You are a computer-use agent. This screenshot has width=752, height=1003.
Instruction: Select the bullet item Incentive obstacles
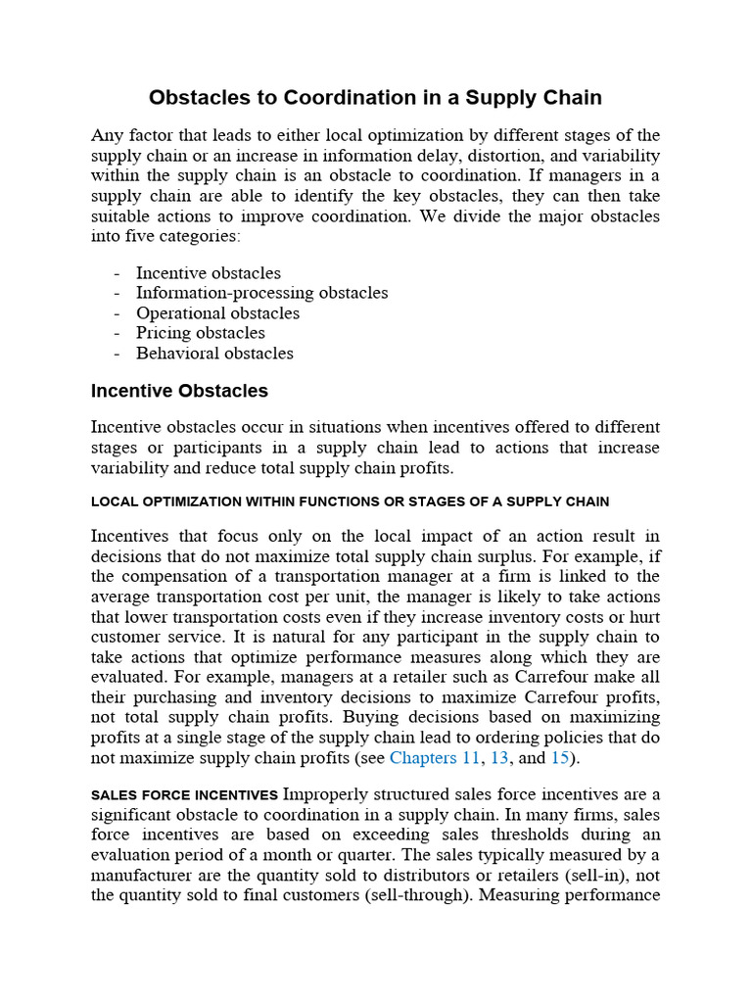click(208, 273)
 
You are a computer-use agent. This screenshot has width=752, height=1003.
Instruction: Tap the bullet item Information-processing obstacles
click(261, 293)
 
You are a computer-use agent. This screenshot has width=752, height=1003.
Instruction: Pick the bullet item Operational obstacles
click(217, 313)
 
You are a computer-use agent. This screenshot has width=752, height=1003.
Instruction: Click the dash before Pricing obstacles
click(117, 333)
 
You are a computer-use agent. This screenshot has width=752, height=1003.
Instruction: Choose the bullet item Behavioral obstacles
click(214, 354)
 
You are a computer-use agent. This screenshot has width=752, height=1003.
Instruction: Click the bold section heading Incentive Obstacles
click(179, 391)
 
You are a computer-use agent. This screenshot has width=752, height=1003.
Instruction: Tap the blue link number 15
click(559, 757)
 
